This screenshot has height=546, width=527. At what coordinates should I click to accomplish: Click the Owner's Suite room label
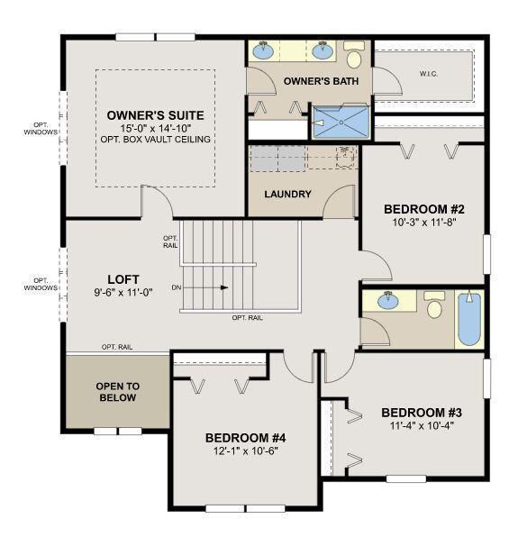point(155,115)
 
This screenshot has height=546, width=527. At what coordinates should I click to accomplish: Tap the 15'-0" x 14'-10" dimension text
point(156,128)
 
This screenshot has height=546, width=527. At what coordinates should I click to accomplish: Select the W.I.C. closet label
point(429,74)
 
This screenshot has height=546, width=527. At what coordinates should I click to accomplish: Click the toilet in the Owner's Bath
point(354,55)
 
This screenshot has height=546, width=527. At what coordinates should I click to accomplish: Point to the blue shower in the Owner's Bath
point(341,122)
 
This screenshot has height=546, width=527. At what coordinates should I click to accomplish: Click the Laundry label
point(287,194)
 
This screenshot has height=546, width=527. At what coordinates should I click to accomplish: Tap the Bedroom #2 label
point(424,209)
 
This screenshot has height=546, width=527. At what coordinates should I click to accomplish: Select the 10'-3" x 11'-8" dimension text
point(424,223)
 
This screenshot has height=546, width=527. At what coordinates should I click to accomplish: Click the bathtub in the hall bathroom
point(469,319)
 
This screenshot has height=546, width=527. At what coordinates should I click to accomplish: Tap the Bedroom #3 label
point(422,413)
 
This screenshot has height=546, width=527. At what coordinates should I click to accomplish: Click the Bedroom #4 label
point(245,438)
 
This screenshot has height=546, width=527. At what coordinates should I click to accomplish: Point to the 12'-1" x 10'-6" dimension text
point(246,451)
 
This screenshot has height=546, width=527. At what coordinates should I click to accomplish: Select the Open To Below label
point(118,392)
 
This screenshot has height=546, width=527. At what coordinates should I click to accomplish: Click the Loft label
point(123,279)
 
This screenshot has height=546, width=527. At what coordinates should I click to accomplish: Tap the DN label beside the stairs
point(177,287)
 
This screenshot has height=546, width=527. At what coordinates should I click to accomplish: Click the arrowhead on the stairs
point(225,287)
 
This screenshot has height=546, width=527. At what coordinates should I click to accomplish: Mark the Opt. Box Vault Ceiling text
point(156,140)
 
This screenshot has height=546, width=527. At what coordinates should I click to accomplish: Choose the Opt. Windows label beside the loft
point(41,284)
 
